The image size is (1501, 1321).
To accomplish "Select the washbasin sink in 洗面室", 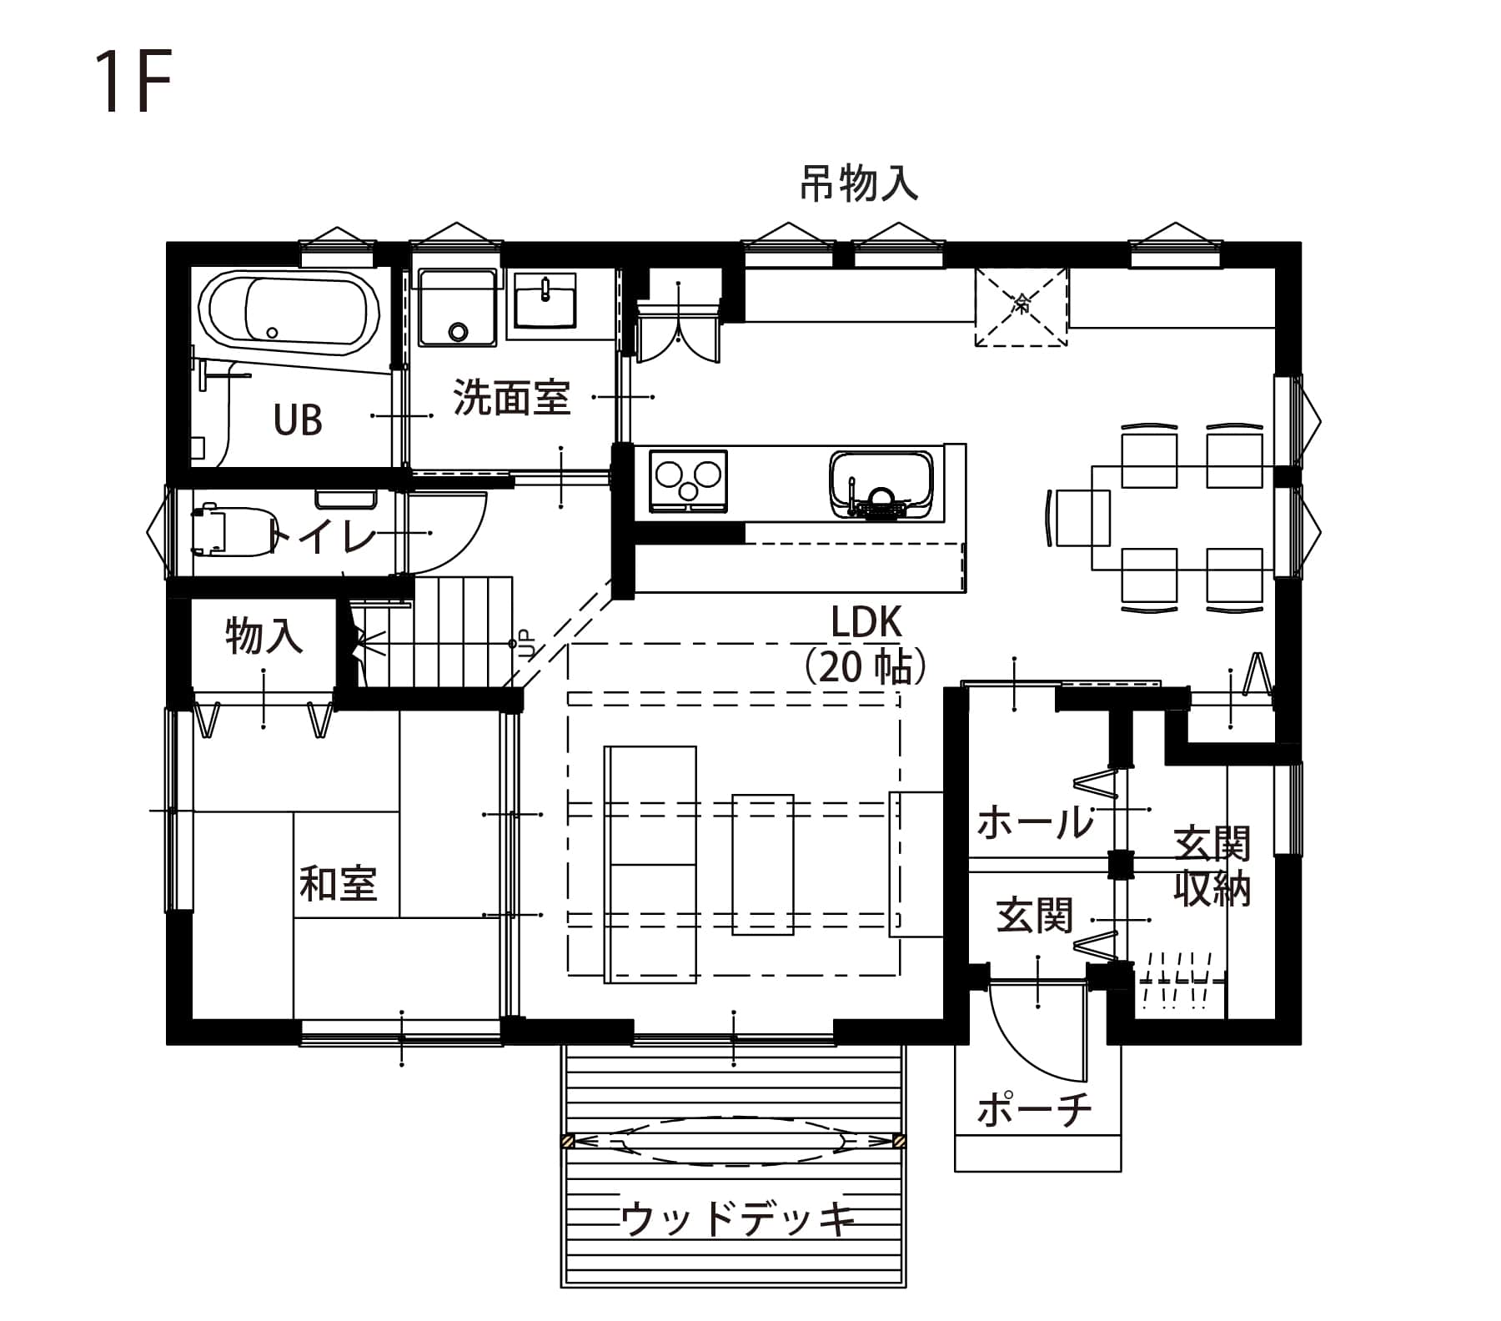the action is (545, 300).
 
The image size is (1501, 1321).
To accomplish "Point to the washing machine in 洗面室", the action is (458, 307).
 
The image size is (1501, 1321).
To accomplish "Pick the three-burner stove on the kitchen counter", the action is (687, 482).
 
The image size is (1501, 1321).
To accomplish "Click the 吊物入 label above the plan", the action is (860, 184).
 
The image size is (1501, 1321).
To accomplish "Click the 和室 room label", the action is (339, 883).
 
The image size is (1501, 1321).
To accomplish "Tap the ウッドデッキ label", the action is (737, 1220).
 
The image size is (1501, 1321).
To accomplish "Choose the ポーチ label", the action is (1034, 1110).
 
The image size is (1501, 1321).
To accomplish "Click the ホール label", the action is (1035, 822).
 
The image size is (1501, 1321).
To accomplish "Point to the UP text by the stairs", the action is (526, 644).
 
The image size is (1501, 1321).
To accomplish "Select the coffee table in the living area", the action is (763, 864).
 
